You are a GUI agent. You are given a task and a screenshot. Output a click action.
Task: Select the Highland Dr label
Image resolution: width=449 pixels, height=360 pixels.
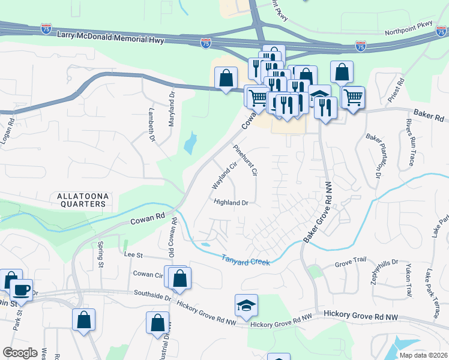pyautogui.click(x=231, y=203)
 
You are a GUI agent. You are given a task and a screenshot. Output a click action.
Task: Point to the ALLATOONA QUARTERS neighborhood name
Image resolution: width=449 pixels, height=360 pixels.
pyautogui.click(x=82, y=200)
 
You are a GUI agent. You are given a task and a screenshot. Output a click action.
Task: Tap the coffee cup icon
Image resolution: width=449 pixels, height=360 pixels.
pyautogui.click(x=22, y=290)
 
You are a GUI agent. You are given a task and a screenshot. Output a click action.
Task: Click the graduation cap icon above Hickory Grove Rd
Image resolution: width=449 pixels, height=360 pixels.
pyautogui.click(x=246, y=306)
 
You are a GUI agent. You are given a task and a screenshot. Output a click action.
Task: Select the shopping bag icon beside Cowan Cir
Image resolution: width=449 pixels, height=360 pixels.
pyautogui.click(x=179, y=278)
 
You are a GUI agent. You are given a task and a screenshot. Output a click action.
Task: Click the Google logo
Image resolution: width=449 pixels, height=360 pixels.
pyautogui.click(x=20, y=353)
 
